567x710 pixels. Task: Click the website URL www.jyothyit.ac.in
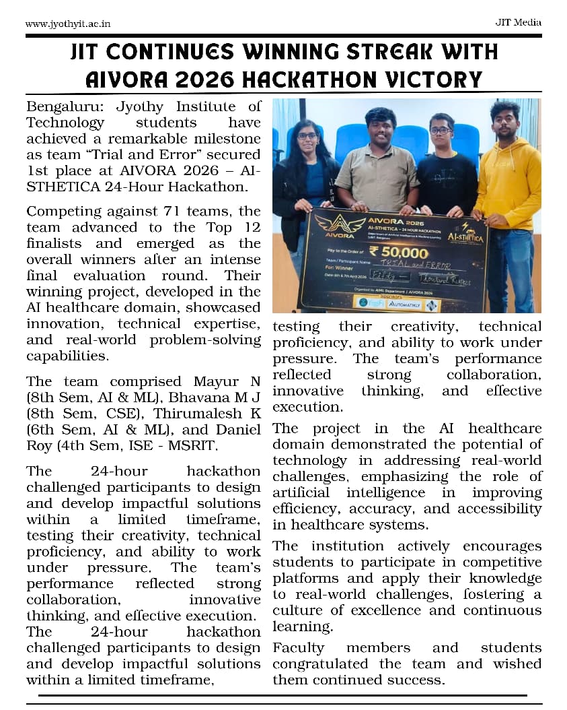tap(67, 24)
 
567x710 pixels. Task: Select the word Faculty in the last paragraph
tap(299, 648)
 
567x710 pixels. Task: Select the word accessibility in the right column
tap(500, 509)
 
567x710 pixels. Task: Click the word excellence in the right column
tap(385, 611)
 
